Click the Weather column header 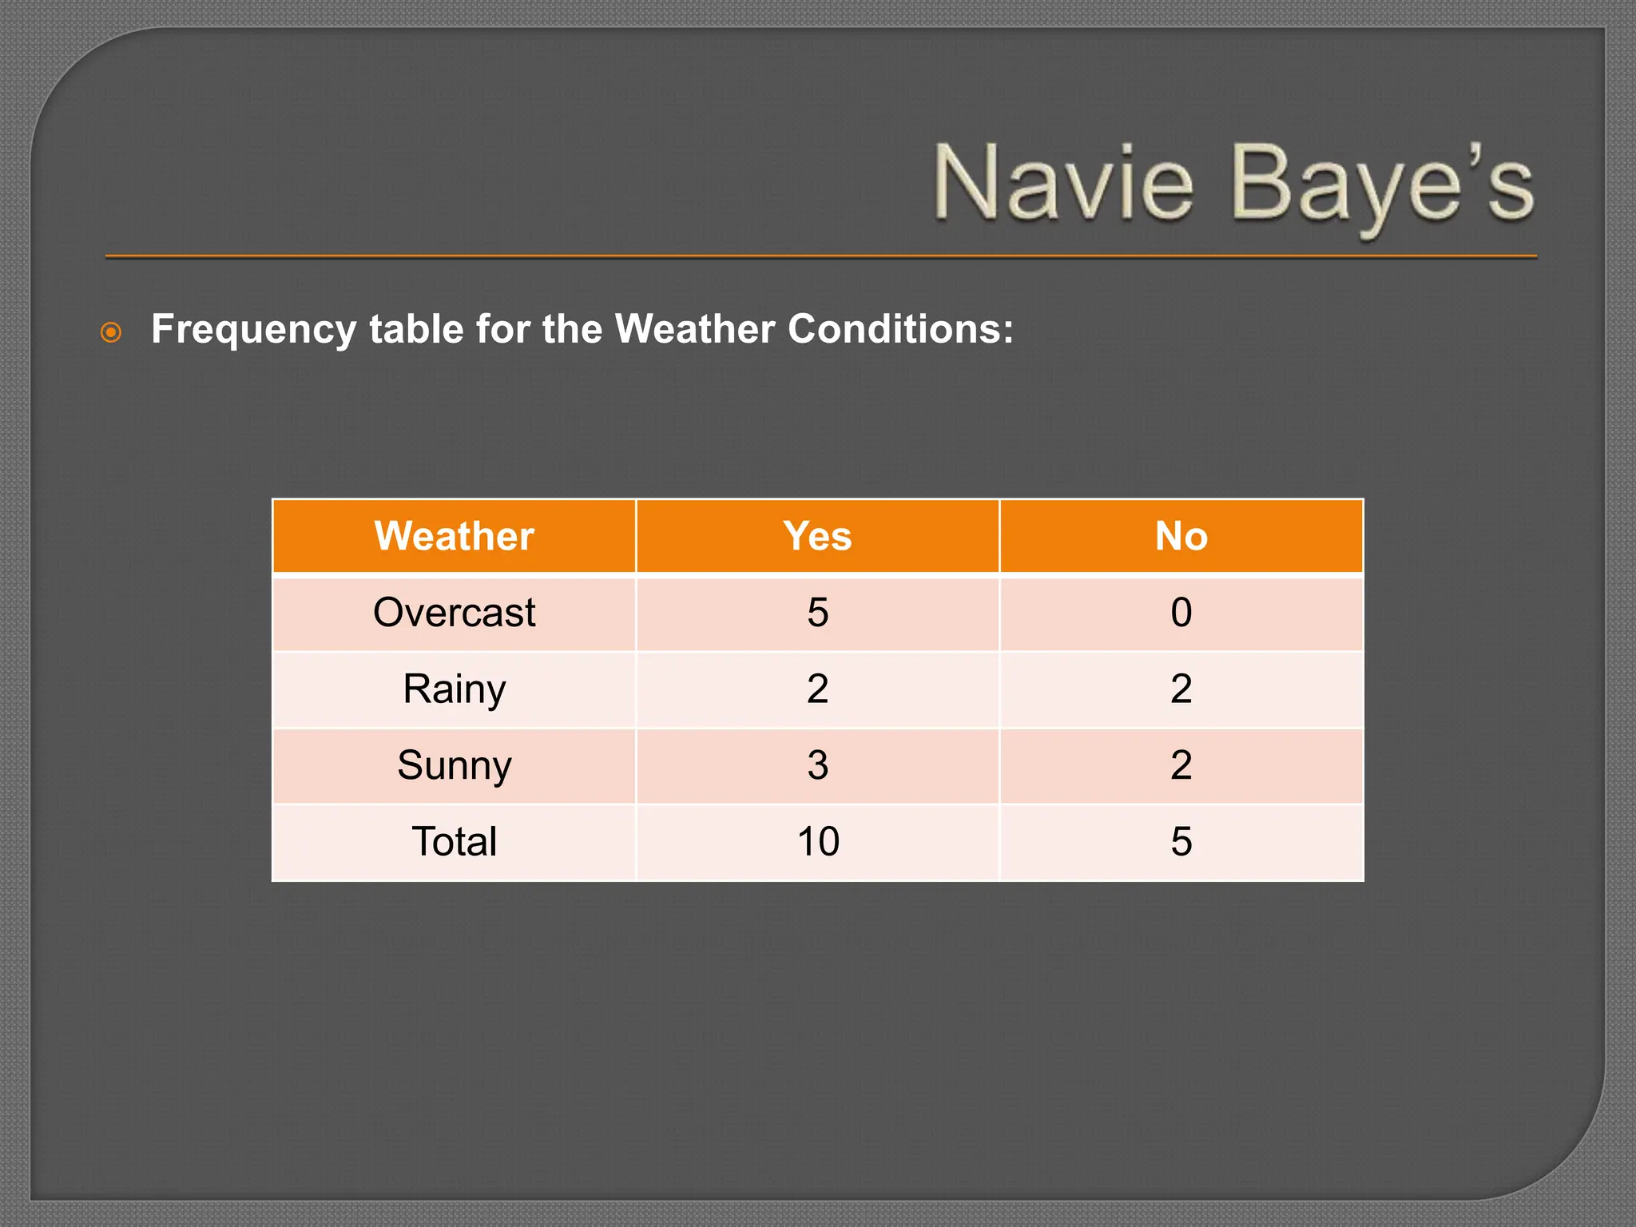[x=454, y=536]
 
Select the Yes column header [x=817, y=536]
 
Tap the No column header [x=1181, y=536]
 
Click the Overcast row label [x=454, y=613]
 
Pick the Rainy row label [x=454, y=689]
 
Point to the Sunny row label [x=454, y=765]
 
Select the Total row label [x=454, y=841]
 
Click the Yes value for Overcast [x=817, y=613]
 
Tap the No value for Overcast [x=1181, y=613]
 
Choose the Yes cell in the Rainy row [x=817, y=689]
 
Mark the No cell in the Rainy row [x=1181, y=689]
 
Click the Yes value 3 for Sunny [x=817, y=765]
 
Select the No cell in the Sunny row [x=1181, y=765]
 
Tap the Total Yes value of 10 [x=818, y=841]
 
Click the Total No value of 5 [x=1181, y=841]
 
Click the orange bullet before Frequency [x=111, y=332]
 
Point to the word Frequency [x=253, y=330]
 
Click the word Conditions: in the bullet [x=900, y=329]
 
